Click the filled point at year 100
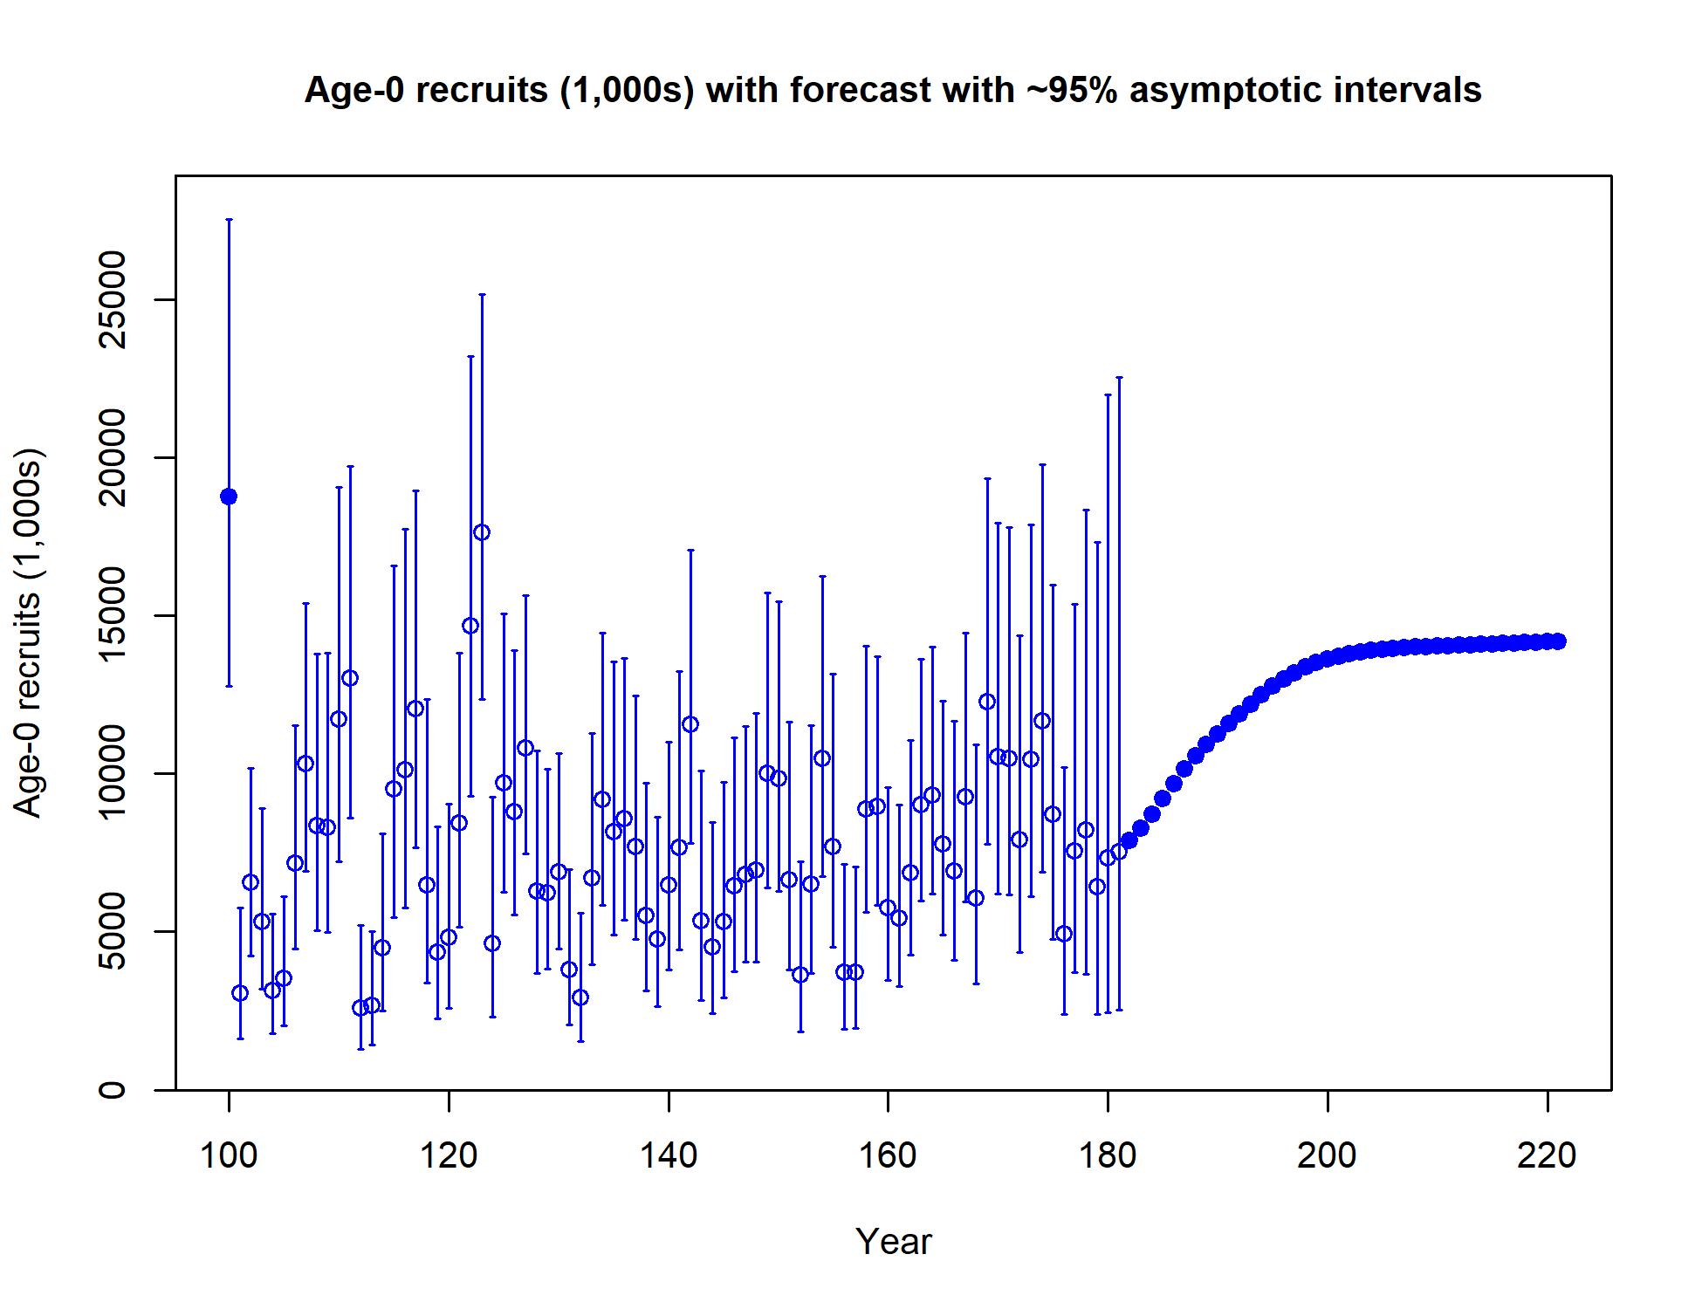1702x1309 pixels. click(229, 497)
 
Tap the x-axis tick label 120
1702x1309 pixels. click(449, 1155)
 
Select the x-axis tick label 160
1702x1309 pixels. click(888, 1155)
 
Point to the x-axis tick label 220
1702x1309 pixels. click(1547, 1155)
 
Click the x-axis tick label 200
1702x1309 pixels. click(1327, 1155)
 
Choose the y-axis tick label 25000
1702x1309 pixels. click(113, 299)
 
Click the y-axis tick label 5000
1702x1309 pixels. click(113, 931)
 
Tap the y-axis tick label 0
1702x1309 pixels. click(113, 1089)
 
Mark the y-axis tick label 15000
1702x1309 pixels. click(113, 615)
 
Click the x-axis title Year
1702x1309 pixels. click(893, 1241)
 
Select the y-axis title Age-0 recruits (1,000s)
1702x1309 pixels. click(28, 632)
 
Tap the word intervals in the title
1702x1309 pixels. click(1406, 90)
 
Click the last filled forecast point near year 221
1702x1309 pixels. click(1558, 641)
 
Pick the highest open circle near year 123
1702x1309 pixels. click(482, 532)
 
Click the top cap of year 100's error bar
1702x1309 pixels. click(229, 220)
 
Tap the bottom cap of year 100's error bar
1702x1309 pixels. click(229, 686)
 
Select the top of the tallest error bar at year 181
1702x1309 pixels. click(1119, 378)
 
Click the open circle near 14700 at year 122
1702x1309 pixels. click(470, 626)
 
